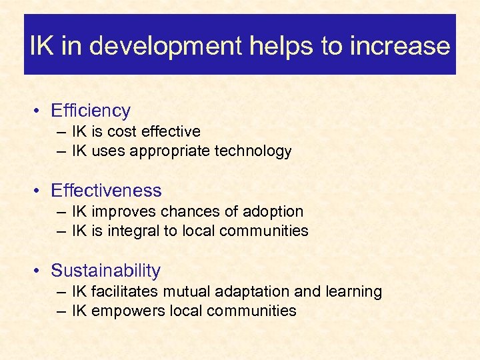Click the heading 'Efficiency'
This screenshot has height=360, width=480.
click(x=91, y=111)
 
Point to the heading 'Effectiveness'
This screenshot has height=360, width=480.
click(x=106, y=191)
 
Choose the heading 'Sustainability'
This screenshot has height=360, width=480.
click(x=105, y=271)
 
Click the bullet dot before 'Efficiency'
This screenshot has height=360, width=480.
click(x=41, y=111)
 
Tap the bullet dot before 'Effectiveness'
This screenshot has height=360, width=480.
click(x=41, y=191)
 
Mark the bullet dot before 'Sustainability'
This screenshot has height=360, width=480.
click(x=41, y=271)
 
